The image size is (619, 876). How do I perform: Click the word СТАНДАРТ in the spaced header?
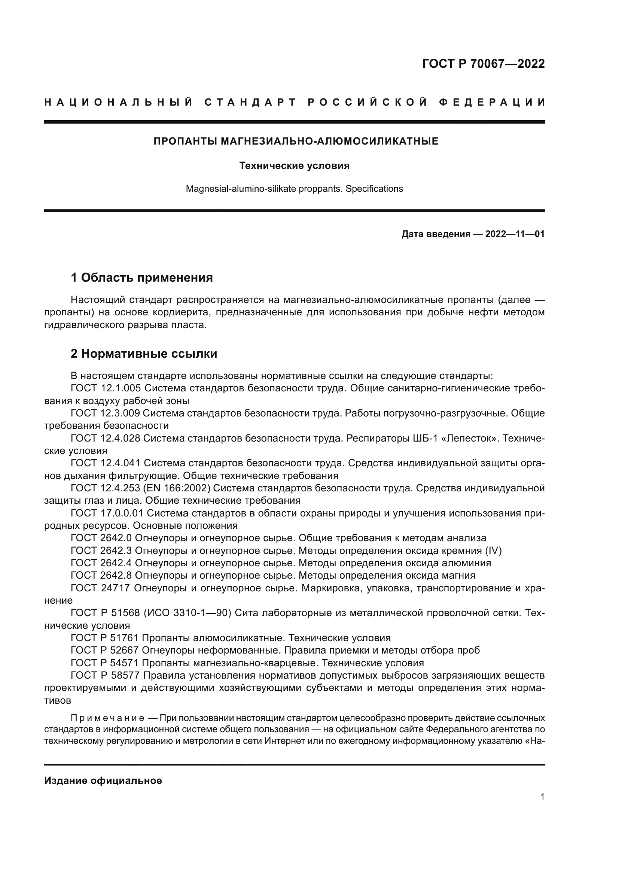pos(250,102)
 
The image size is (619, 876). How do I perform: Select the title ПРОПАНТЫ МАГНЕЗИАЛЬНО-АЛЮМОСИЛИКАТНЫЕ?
pos(296,142)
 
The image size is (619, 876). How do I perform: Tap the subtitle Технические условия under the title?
pos(294,166)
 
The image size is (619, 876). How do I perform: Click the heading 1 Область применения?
pos(142,278)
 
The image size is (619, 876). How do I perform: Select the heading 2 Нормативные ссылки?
pos(144,354)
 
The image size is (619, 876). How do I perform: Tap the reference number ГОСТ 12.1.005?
pos(106,388)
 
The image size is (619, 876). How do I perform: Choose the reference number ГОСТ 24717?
pos(100,588)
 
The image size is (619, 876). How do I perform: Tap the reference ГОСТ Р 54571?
pos(104,663)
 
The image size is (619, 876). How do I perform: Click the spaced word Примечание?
pos(107,718)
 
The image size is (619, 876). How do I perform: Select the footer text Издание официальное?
pos(103,780)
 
